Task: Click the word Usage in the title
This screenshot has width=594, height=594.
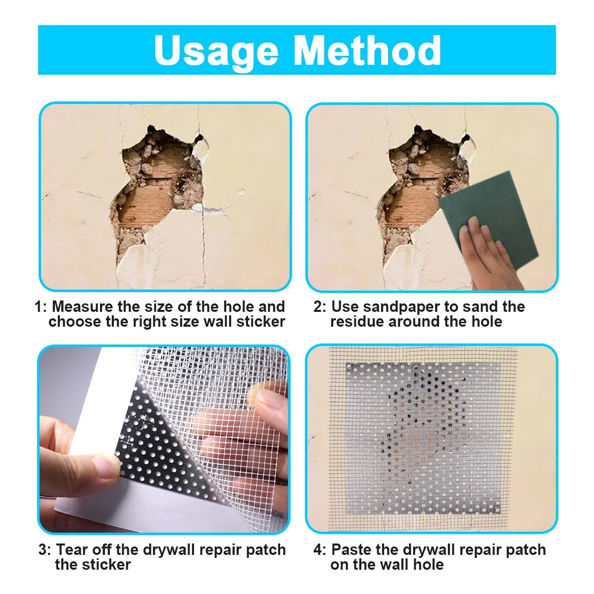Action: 216,51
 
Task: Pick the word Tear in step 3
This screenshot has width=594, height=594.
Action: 71,550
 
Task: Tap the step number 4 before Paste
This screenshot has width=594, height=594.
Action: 318,550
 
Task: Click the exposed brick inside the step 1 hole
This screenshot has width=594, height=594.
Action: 144,208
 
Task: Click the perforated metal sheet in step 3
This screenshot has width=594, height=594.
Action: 148,445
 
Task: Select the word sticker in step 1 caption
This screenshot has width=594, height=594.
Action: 260,322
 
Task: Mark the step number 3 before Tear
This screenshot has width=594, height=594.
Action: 43,550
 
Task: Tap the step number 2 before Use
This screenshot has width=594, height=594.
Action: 318,307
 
